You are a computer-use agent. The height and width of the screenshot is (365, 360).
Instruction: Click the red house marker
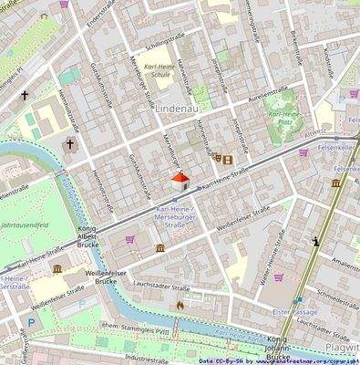180,181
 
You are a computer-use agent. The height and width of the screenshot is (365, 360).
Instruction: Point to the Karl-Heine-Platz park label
285,118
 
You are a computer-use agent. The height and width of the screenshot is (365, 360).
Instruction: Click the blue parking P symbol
34,322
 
